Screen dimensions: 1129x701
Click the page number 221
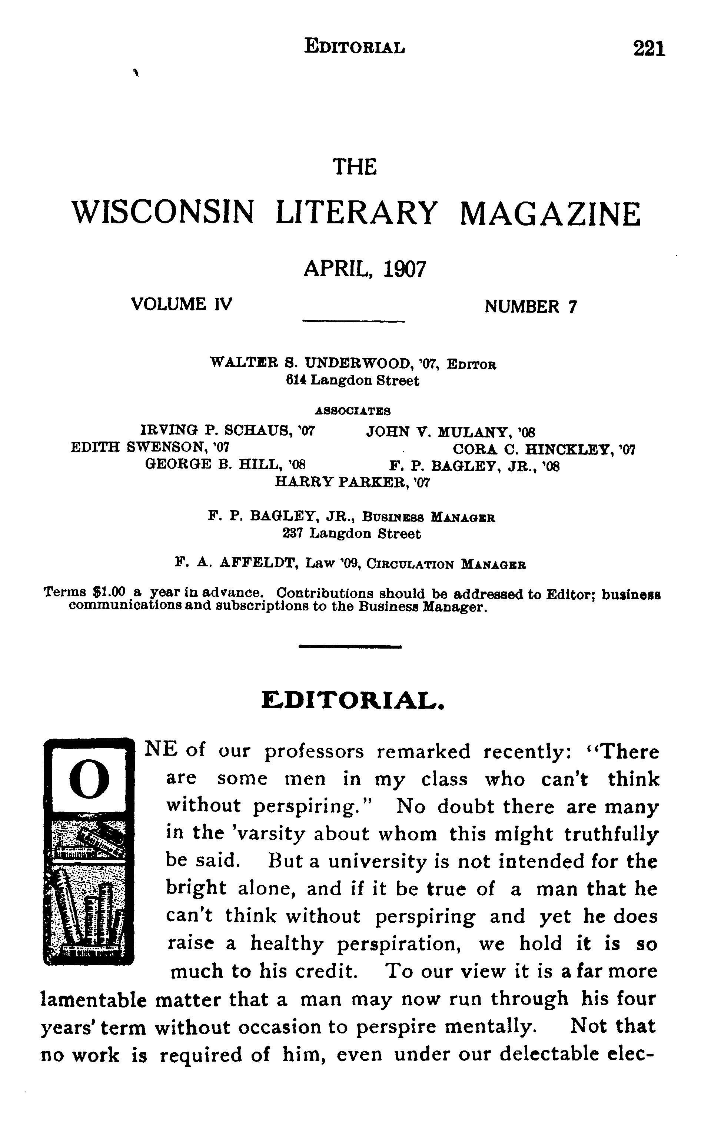[x=649, y=48]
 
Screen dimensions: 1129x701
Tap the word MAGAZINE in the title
[x=550, y=214]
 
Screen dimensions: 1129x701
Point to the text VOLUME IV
[x=181, y=304]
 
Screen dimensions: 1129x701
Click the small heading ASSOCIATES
[x=353, y=411]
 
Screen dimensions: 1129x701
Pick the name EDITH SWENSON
[x=149, y=447]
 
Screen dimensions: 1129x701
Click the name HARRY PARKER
[x=352, y=483]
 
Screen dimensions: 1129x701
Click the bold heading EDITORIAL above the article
[x=353, y=701]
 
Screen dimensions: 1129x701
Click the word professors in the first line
[x=314, y=752]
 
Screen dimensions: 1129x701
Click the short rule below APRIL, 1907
[x=353, y=321]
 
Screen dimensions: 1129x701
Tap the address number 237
[x=293, y=534]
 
